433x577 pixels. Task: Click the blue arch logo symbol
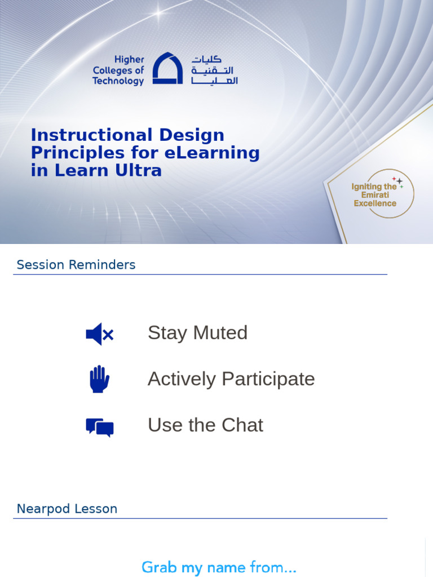[167, 69]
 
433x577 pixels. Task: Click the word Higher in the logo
[129, 60]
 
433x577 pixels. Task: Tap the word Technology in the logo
[118, 81]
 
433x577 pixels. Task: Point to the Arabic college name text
[214, 70]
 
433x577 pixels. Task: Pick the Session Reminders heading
[76, 265]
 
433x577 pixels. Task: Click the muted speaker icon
[100, 334]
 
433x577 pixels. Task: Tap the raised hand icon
[99, 379]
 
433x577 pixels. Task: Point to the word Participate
[268, 379]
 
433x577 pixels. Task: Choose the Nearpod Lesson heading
[67, 509]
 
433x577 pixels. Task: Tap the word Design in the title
[191, 135]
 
